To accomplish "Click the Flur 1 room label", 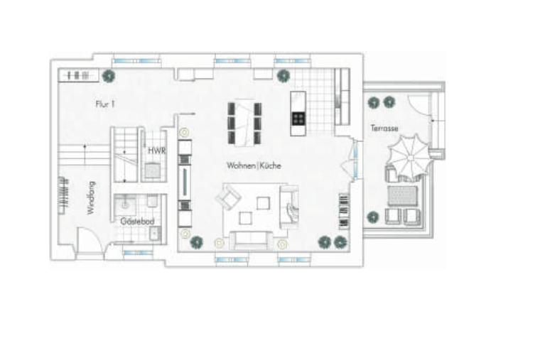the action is tap(105, 104).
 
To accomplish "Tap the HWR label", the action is tap(157, 151).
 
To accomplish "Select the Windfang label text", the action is tap(91, 198).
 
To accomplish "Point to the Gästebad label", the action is tap(137, 222).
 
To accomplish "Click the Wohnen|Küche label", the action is tap(254, 165).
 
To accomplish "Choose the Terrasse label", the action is tap(384, 128).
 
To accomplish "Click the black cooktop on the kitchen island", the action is tap(298, 119).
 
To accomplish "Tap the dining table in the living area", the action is tap(244, 123).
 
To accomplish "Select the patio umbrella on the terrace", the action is tap(409, 158).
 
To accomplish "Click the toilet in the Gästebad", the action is tap(152, 201).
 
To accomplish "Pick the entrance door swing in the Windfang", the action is tap(90, 240).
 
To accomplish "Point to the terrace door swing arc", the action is tap(418, 104).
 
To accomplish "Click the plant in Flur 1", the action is tap(109, 76).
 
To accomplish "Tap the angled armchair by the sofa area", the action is tap(228, 197).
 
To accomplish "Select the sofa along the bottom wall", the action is tap(250, 240).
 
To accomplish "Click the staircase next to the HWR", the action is tap(124, 155).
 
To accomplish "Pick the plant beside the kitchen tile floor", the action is tap(283, 76).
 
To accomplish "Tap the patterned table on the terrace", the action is tap(403, 196).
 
